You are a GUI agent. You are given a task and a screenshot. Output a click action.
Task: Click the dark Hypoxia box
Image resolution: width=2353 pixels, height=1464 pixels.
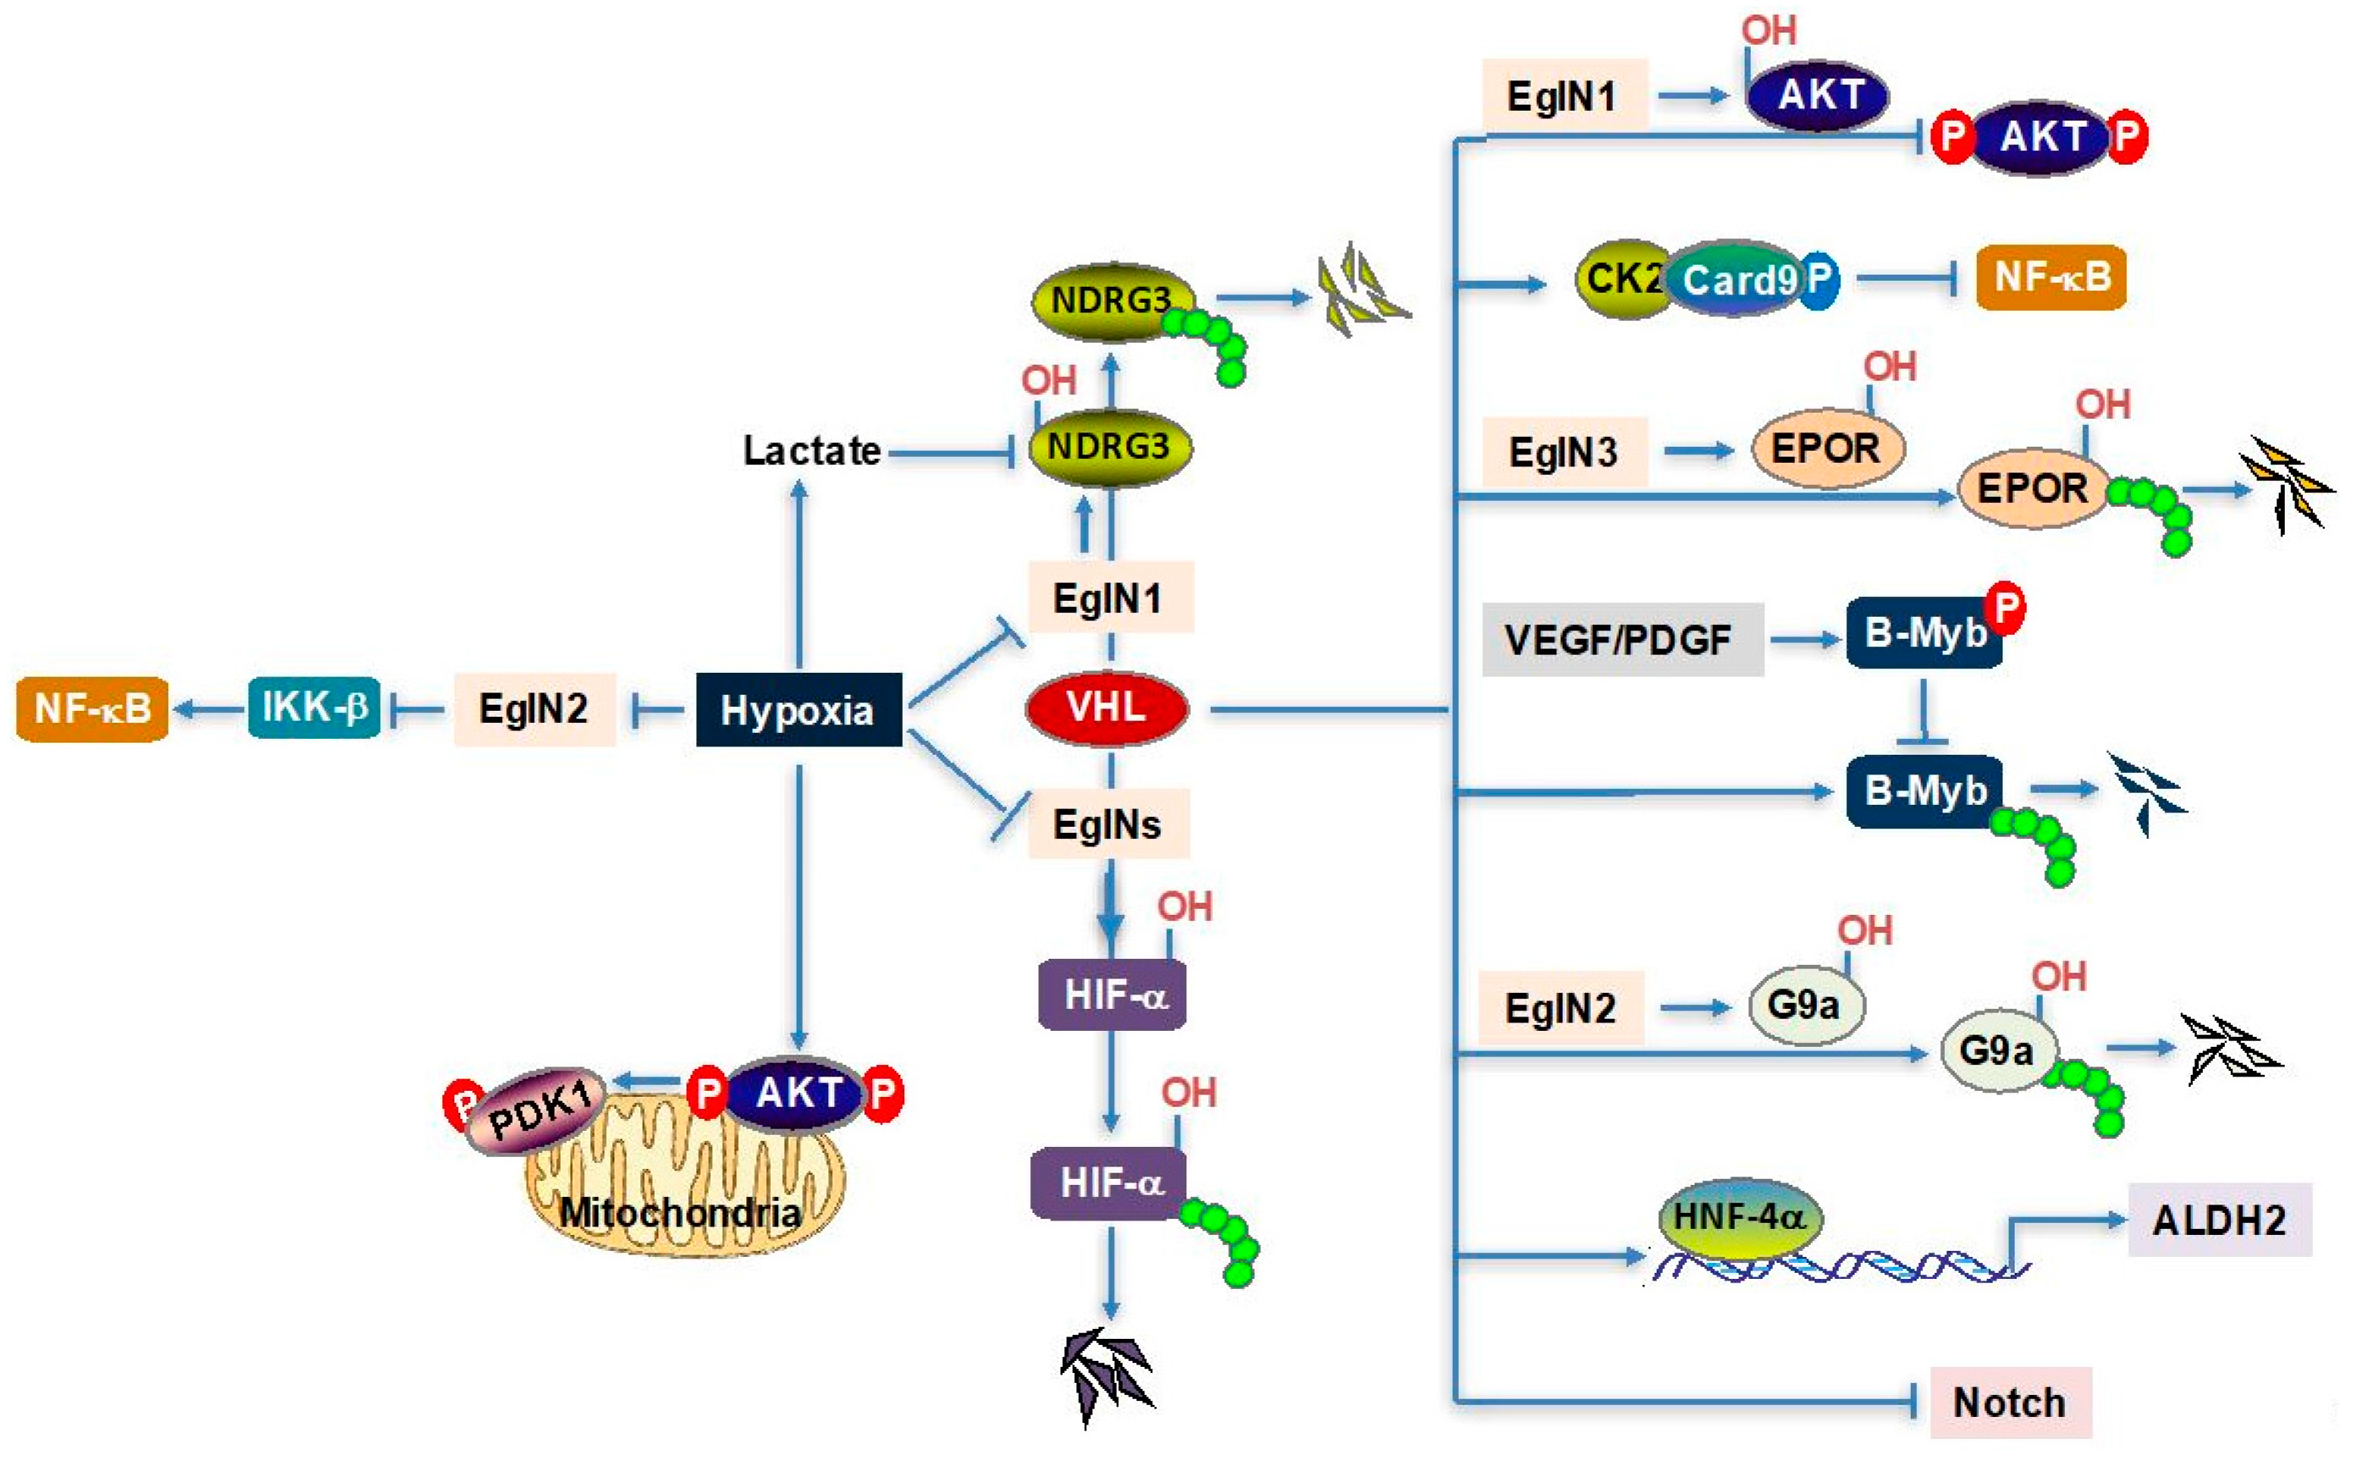[798, 710]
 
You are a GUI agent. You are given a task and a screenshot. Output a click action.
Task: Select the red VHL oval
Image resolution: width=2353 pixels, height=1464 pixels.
[1106, 708]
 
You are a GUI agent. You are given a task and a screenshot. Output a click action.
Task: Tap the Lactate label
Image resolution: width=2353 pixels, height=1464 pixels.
[812, 451]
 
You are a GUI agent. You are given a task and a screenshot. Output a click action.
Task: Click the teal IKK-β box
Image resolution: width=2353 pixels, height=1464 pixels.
[314, 708]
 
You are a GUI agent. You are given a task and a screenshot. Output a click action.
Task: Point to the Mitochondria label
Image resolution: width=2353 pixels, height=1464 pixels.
[680, 1212]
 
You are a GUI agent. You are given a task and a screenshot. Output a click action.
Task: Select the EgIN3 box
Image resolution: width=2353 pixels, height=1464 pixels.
[1563, 452]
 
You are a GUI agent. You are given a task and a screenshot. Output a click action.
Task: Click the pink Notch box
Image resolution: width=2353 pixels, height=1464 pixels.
[2009, 1402]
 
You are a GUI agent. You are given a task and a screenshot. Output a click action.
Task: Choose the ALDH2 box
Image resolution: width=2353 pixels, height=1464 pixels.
[2219, 1220]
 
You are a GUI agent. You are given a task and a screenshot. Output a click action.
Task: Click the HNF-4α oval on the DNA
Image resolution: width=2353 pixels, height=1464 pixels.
[1739, 1217]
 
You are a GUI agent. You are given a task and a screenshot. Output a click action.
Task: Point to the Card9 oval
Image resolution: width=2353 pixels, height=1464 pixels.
[1738, 280]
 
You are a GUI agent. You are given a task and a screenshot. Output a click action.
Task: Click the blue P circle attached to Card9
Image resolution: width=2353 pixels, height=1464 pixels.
[1818, 279]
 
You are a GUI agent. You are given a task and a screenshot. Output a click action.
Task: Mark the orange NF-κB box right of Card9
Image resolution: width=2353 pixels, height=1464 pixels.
[2051, 278]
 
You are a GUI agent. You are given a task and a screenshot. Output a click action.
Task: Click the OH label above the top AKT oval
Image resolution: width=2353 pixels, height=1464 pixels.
[1768, 31]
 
